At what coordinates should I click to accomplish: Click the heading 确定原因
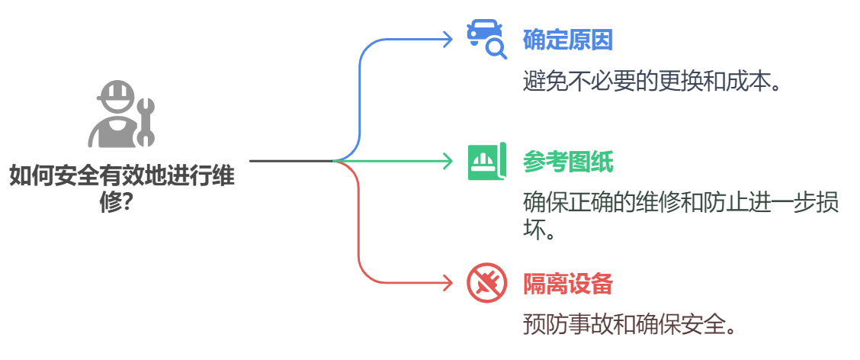click(568, 40)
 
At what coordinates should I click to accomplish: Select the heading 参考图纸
click(568, 162)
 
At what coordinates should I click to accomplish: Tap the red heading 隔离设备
click(568, 284)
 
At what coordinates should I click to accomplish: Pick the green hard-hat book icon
click(486, 162)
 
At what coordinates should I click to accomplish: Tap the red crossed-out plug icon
click(486, 284)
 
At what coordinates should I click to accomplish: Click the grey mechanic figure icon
click(121, 115)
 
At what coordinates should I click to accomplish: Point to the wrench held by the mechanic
click(146, 121)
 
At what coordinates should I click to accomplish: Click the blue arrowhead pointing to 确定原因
click(448, 39)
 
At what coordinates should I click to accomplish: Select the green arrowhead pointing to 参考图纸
click(448, 161)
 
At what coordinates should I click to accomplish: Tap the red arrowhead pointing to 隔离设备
click(448, 284)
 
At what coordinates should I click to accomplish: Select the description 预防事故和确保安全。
click(630, 324)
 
